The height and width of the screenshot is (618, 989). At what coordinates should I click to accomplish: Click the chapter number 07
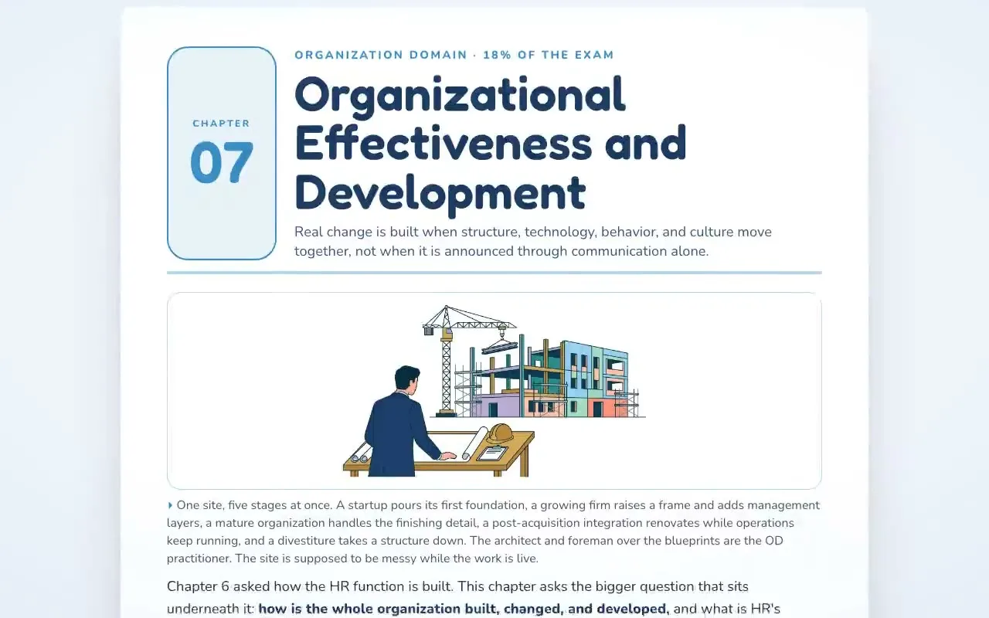(222, 162)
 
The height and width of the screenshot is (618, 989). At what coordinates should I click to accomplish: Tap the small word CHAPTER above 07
(221, 124)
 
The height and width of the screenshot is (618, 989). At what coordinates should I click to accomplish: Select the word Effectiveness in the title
(443, 143)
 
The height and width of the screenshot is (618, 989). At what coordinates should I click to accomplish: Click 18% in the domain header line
(497, 55)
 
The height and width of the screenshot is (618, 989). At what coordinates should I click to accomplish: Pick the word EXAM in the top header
(594, 55)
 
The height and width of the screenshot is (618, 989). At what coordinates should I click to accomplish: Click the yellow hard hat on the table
(500, 433)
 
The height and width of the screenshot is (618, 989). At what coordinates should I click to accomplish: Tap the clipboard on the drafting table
(492, 453)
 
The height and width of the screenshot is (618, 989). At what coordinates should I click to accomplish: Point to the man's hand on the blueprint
(447, 456)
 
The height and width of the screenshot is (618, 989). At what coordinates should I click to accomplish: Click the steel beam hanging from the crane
(499, 347)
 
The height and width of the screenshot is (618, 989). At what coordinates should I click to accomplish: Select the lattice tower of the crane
(446, 371)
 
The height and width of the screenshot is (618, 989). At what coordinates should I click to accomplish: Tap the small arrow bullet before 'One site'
(170, 505)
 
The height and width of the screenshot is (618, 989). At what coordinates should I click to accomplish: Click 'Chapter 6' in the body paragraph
(199, 586)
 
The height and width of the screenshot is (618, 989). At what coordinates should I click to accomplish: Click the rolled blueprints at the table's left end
(361, 453)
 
